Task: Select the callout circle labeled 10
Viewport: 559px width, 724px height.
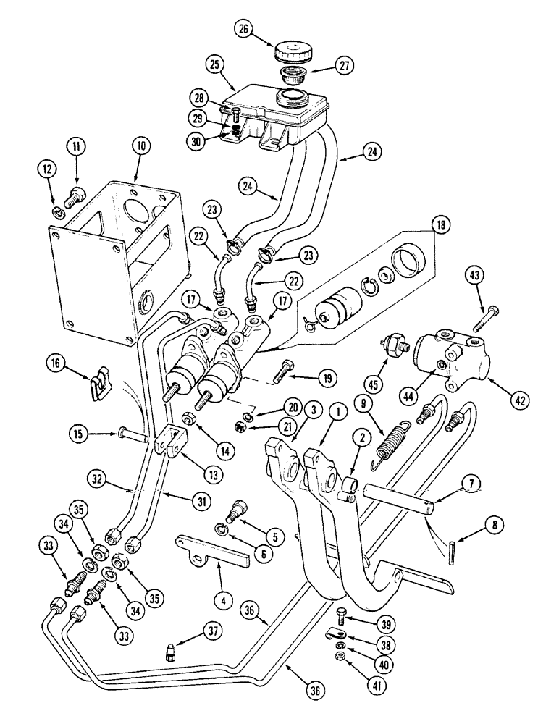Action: coord(138,146)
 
